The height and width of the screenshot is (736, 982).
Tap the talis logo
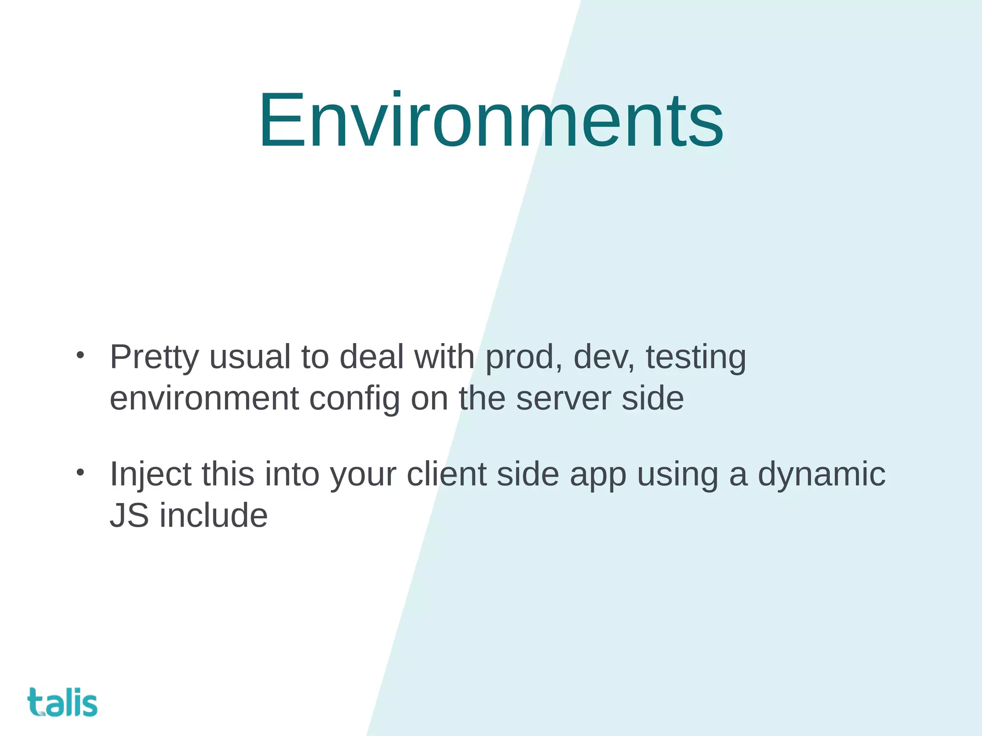click(x=62, y=702)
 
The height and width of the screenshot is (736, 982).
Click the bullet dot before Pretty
click(x=80, y=356)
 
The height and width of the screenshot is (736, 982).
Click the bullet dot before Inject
click(x=80, y=472)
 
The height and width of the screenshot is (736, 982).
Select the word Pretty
click(x=154, y=357)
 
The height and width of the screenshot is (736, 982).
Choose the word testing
click(x=696, y=357)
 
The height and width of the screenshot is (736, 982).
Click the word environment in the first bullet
click(x=204, y=399)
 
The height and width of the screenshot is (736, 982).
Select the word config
click(x=354, y=399)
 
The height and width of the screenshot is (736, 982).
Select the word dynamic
click(x=821, y=474)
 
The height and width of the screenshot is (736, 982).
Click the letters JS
click(x=129, y=516)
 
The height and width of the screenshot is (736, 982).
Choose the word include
click(x=213, y=516)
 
